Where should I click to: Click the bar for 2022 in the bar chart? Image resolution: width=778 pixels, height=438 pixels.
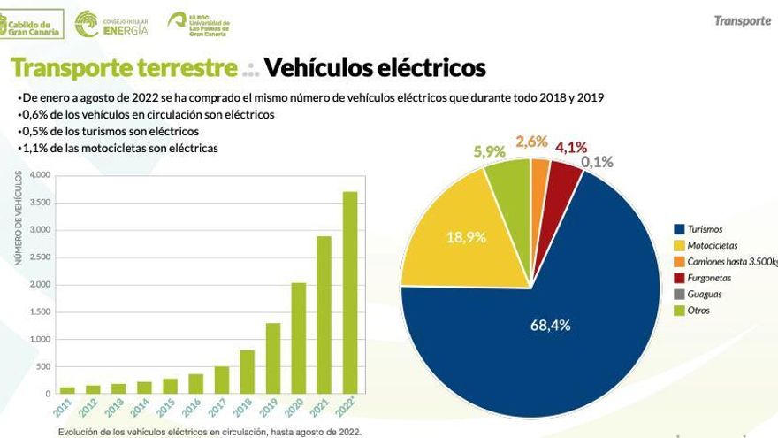(350, 292)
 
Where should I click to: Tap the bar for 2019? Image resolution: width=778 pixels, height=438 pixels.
(273, 357)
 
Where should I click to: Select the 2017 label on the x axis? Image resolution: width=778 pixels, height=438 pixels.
(221, 408)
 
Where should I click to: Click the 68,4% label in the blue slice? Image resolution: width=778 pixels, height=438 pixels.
(550, 325)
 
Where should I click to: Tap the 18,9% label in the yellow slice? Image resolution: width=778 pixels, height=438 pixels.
(466, 236)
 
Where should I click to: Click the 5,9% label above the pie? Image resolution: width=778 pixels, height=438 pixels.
(489, 151)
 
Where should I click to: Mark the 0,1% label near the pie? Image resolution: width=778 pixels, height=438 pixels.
(597, 162)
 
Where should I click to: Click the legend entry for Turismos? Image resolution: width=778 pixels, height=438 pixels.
(705, 229)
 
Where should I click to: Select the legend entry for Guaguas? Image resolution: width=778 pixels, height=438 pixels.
(704, 294)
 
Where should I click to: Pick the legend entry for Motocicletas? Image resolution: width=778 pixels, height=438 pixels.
(712, 245)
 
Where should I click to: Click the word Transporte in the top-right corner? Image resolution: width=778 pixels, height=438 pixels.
(742, 20)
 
